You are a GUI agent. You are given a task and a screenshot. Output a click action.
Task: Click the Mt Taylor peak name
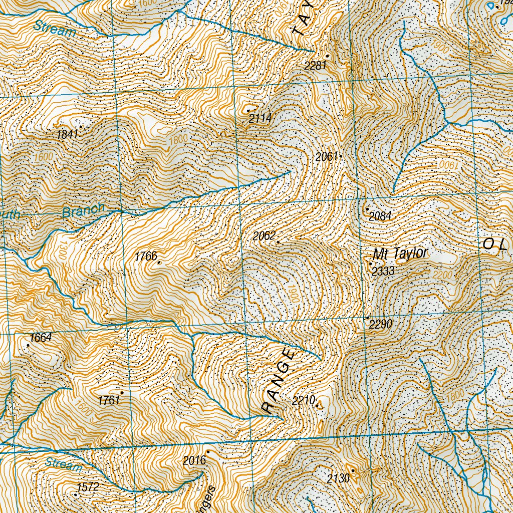tap(401, 254)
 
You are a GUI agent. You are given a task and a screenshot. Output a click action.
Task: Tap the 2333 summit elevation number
tap(383, 272)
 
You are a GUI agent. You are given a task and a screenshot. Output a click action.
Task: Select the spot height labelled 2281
tap(315, 66)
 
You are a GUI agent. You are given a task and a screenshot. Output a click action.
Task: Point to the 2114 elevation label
tap(260, 118)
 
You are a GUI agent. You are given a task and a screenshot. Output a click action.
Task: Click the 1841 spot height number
tap(68, 135)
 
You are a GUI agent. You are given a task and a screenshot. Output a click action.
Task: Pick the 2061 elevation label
tap(327, 157)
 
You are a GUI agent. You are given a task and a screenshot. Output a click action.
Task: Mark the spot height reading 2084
tap(380, 216)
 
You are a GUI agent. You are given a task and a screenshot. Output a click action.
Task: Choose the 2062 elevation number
tap(264, 236)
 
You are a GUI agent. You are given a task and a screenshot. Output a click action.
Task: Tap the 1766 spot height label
tap(146, 256)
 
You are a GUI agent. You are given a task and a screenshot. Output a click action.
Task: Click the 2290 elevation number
tap(380, 325)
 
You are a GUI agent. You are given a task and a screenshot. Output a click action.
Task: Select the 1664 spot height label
tap(41, 338)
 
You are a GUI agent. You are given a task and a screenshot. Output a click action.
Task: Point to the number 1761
tap(109, 400)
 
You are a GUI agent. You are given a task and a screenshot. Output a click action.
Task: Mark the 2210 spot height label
tap(303, 400)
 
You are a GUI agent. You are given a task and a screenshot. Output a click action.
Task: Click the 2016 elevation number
tap(194, 460)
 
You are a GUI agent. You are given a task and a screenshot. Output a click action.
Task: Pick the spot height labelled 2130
tap(338, 478)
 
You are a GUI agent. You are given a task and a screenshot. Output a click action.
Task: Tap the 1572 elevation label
tap(88, 486)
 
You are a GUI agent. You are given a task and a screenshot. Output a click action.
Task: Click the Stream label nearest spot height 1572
tap(63, 465)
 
